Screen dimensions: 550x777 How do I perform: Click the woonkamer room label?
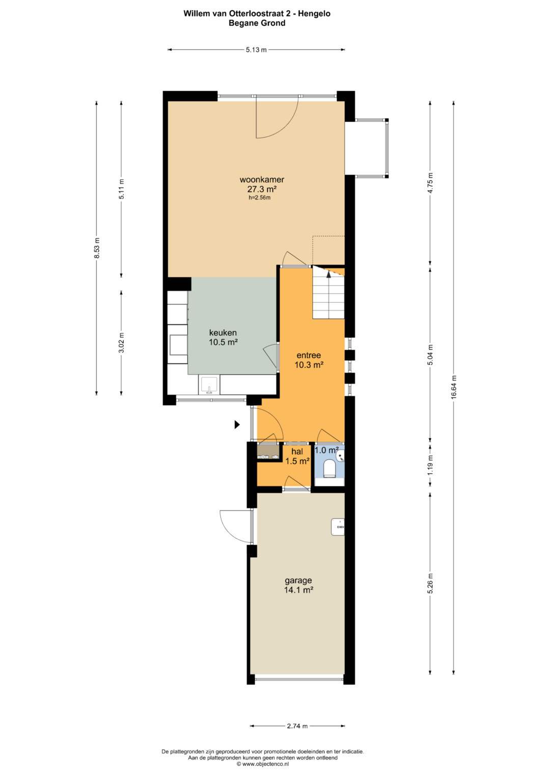tap(262, 179)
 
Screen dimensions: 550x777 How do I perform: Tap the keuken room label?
tap(223, 332)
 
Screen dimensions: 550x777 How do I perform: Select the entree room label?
tap(309, 355)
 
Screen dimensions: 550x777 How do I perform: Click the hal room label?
tap(297, 452)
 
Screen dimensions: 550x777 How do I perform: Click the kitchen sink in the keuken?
tap(209, 385)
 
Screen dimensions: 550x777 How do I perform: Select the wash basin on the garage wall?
tap(338, 528)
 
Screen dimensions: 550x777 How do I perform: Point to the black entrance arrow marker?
tap(237, 424)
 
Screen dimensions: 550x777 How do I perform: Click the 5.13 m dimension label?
tap(256, 49)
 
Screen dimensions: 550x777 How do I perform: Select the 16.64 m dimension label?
tap(453, 387)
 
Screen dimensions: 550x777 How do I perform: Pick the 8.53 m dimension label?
tap(97, 248)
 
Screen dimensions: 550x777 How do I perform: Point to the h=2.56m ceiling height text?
tap(259, 198)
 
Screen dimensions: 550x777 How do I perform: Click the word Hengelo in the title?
tap(315, 14)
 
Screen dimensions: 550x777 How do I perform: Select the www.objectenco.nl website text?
tap(265, 764)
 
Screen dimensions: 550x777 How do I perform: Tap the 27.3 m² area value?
tap(262, 189)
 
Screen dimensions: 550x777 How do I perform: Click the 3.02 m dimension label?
tap(121, 343)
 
